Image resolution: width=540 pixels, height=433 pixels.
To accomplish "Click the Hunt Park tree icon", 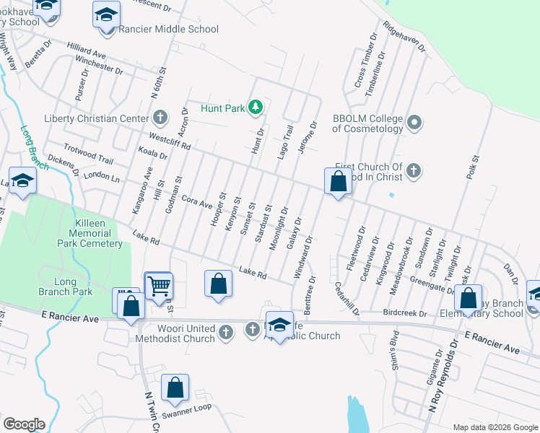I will click(255, 108).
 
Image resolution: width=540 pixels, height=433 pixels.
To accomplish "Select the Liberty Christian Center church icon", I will click(160, 117).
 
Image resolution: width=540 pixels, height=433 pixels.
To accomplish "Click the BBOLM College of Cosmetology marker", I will click(414, 122).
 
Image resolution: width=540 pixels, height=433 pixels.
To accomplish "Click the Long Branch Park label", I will click(66, 287).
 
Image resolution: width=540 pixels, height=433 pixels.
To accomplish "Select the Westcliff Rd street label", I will click(169, 140).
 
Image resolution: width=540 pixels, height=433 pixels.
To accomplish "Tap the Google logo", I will click(24, 424).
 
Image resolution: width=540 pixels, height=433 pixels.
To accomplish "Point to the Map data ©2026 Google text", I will click(495, 427).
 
